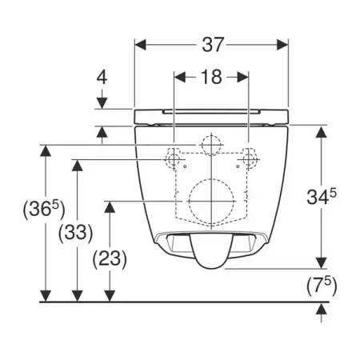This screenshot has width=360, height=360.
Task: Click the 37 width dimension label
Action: point(212,45)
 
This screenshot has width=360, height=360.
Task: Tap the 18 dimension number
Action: point(211,77)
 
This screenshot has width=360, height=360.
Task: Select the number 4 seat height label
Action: point(102,78)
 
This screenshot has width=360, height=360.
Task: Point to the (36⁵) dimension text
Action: point(44,210)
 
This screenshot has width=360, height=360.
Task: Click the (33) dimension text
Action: point(76,233)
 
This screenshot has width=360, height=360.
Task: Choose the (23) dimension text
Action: point(110,259)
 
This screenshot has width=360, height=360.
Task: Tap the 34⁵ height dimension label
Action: point(322,197)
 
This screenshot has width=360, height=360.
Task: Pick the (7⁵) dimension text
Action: point(322,286)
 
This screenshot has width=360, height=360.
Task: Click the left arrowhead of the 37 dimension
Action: point(141,45)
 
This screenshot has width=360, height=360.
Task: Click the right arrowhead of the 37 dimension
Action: point(282,45)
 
